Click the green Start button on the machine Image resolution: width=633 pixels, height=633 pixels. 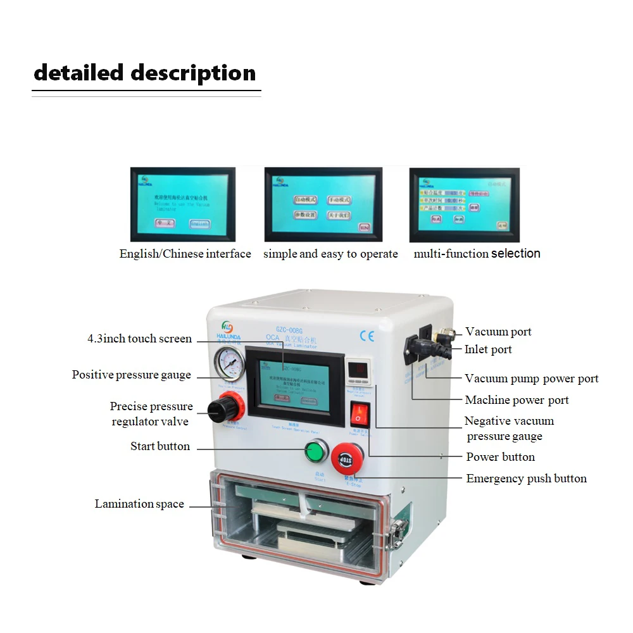pyautogui.click(x=315, y=453)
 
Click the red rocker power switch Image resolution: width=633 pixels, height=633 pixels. pyautogui.click(x=359, y=414)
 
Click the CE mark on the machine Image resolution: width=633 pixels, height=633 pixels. pyautogui.click(x=367, y=335)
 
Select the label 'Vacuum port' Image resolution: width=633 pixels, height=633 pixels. pyautogui.click(x=498, y=332)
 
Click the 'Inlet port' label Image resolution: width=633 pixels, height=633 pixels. pyautogui.click(x=488, y=349)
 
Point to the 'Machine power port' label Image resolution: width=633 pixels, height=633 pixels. pyautogui.click(x=517, y=400)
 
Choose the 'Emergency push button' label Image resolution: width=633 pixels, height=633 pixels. pyautogui.click(x=526, y=479)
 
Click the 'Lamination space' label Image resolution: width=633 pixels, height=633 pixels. pyautogui.click(x=139, y=504)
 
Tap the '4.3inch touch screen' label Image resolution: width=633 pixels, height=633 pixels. pyautogui.click(x=139, y=339)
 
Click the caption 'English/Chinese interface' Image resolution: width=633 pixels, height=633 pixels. pyautogui.click(x=185, y=254)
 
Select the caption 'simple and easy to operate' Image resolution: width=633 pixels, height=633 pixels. pyautogui.click(x=330, y=254)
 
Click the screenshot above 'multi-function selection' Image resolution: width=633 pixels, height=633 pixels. pyautogui.click(x=464, y=204)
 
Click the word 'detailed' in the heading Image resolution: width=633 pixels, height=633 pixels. pyautogui.click(x=78, y=73)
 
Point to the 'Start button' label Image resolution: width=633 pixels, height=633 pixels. pyautogui.click(x=160, y=446)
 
